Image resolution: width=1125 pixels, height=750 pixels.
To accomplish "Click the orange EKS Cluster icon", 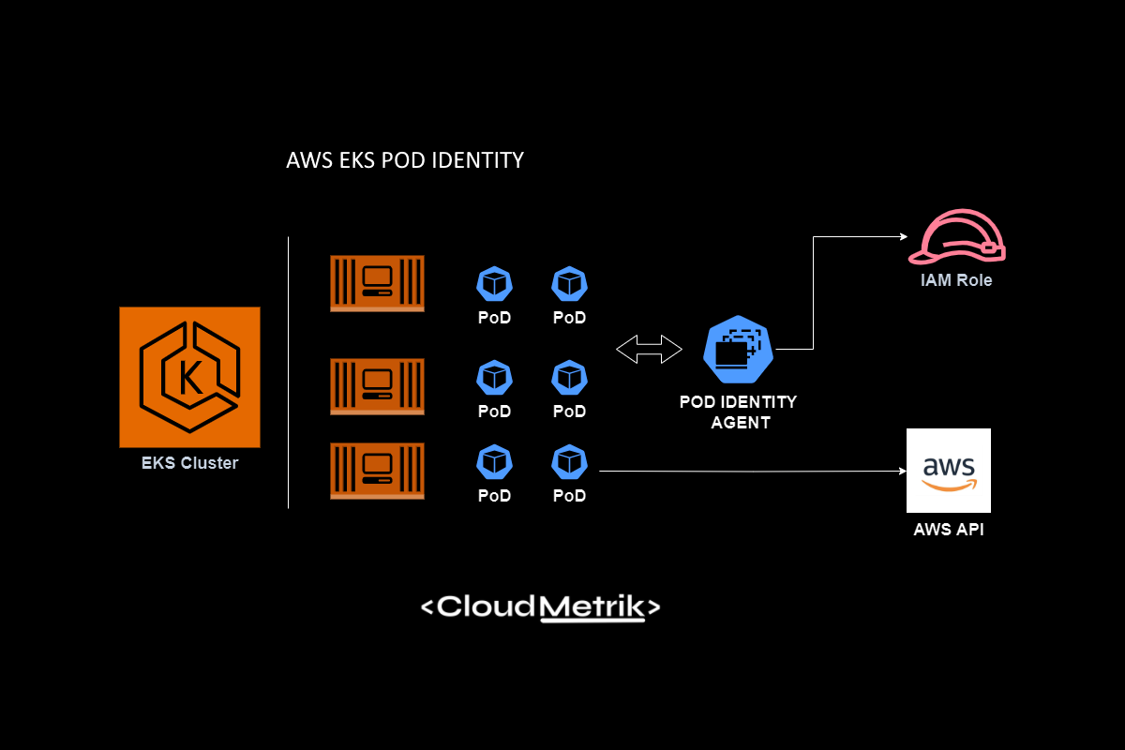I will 189,377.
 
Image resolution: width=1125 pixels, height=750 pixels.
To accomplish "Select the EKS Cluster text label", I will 189,463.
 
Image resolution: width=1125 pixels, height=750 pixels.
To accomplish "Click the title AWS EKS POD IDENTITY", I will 404,160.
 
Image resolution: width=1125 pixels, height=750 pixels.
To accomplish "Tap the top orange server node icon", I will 377,283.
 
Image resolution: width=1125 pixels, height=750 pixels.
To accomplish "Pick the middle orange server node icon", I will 377,386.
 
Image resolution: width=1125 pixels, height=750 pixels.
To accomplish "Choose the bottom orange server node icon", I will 377,471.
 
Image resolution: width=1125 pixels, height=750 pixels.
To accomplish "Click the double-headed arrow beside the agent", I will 650,349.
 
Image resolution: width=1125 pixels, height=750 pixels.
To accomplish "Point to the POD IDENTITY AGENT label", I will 739,412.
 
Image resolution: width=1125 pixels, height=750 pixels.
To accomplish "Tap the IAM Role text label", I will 956,280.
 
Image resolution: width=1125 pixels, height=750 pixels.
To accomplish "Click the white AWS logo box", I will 949,471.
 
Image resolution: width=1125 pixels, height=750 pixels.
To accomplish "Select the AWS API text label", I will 949,530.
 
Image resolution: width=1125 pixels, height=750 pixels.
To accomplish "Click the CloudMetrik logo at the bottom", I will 540,607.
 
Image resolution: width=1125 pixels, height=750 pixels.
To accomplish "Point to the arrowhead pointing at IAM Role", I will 903,237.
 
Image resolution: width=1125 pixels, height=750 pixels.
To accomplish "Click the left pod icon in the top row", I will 494,283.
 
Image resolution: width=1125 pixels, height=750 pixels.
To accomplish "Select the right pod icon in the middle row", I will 569,377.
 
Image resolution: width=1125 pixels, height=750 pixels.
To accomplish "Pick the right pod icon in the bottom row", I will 569,461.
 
